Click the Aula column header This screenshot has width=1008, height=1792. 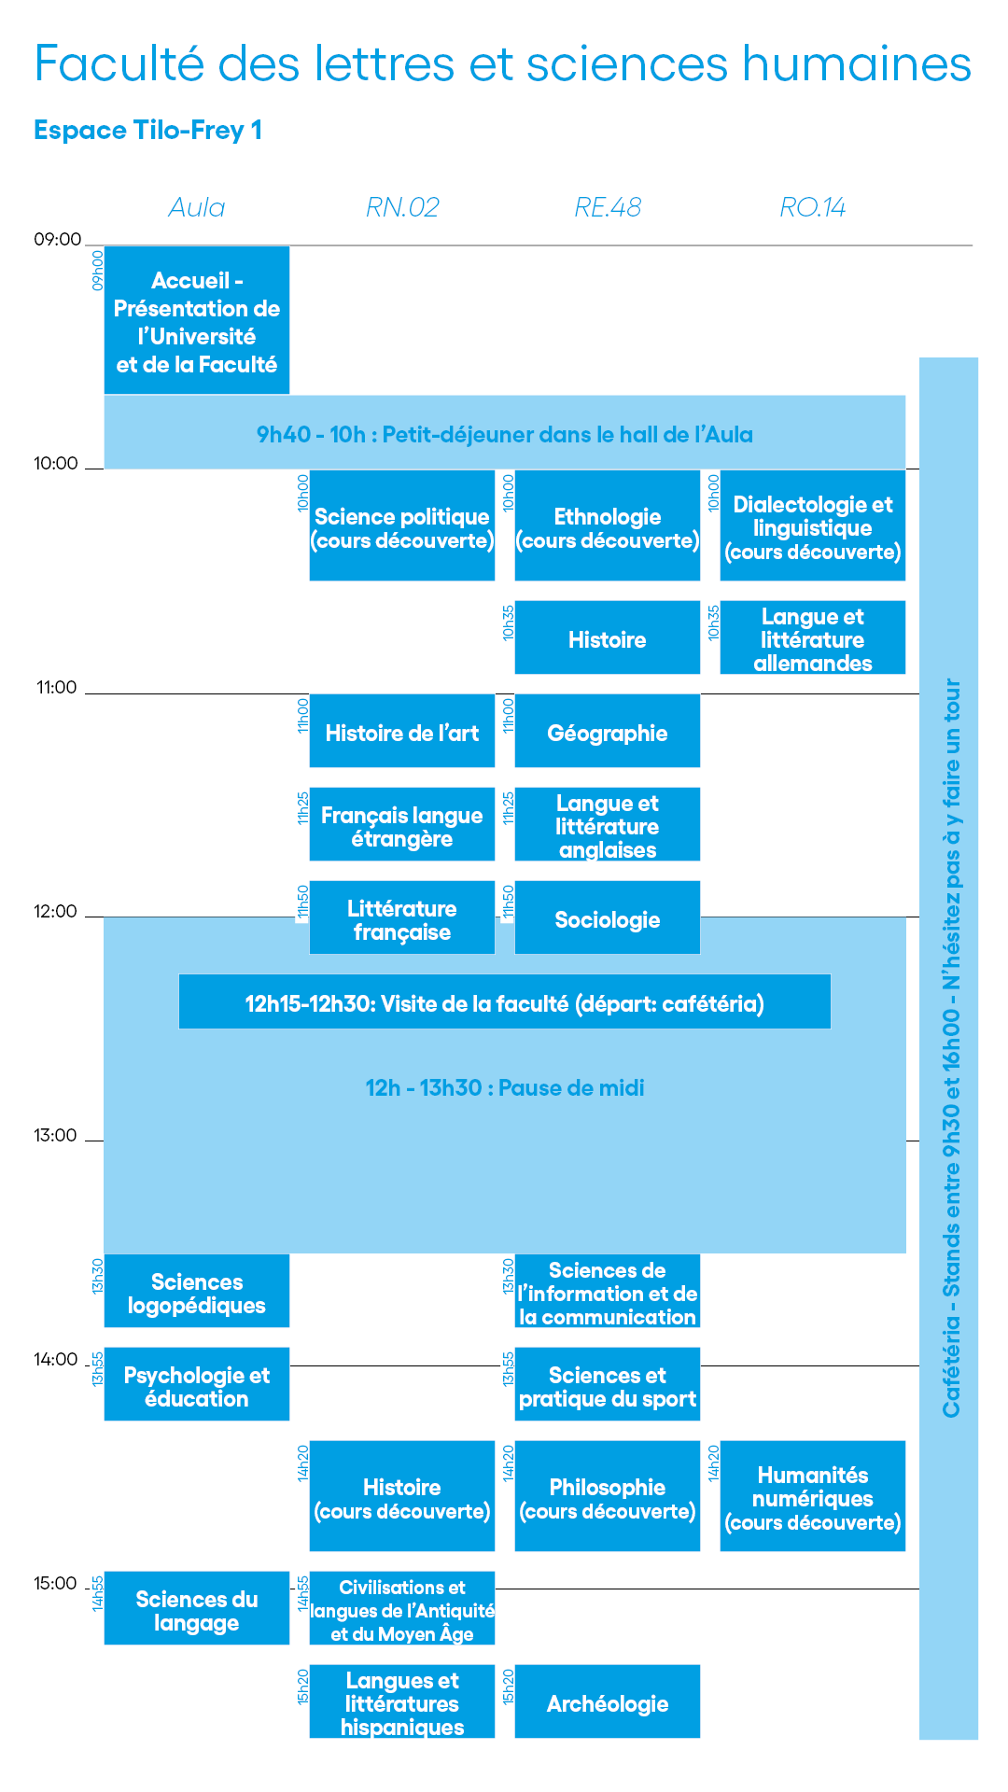tap(197, 207)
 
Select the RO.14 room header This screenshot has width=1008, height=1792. tap(813, 207)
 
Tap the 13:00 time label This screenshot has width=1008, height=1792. tap(55, 1136)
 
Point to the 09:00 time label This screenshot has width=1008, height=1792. tap(58, 240)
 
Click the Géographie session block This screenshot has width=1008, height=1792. tap(608, 731)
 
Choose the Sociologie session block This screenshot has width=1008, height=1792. tap(608, 917)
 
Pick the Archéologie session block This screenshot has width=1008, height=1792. tap(608, 1701)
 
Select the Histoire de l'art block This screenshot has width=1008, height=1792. tap(402, 731)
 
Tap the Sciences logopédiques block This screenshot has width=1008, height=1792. tap(197, 1291)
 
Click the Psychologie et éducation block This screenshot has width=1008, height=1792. tap(197, 1384)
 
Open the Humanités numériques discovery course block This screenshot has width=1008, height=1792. tap(813, 1496)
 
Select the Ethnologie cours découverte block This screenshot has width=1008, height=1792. tap(608, 525)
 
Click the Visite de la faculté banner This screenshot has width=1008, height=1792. tap(505, 1001)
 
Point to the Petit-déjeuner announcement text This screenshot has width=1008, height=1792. tap(505, 434)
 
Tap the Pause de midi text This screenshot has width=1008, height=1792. tap(505, 1087)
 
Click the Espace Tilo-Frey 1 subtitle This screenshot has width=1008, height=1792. tap(147, 130)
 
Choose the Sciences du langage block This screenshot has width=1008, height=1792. tap(197, 1608)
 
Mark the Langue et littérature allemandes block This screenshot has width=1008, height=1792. tap(813, 637)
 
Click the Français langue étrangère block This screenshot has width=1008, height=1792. tap(402, 824)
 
